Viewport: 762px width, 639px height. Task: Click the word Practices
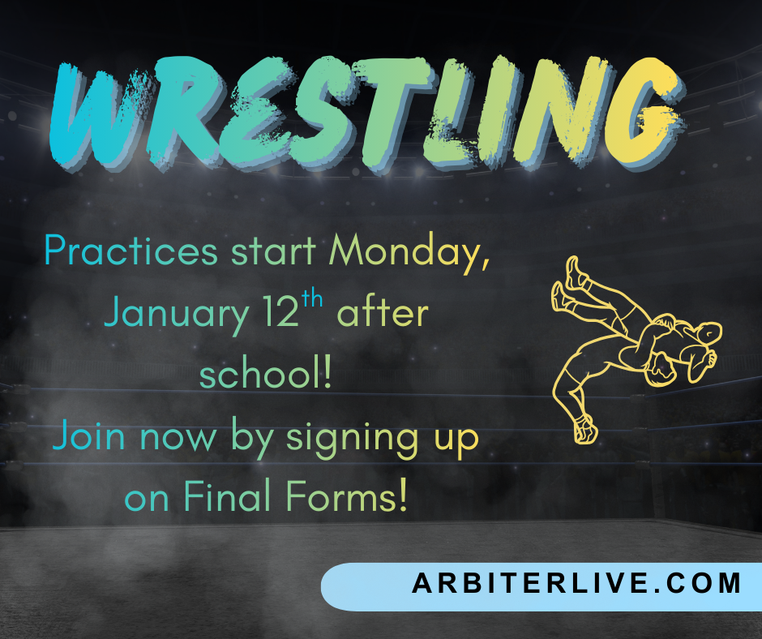[131, 251]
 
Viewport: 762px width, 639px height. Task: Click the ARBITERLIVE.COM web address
[576, 584]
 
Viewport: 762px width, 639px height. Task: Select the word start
[272, 252]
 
